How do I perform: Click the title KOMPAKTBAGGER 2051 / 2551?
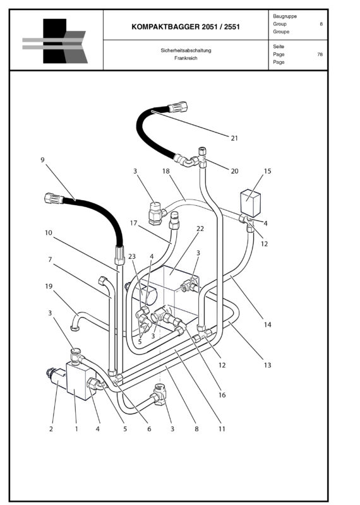pos(186,27)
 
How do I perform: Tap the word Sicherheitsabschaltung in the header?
pos(186,50)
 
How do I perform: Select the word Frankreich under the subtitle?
pos(186,58)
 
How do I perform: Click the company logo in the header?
pos(55,41)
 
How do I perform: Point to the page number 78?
pos(320,54)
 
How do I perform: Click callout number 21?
pos(234,138)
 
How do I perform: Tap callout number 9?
pos(42,160)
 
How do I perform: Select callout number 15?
pos(268,171)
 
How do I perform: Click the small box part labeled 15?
pos(250,203)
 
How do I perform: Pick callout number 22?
pos(200,229)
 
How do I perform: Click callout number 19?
pos(49,287)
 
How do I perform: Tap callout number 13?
pos(268,365)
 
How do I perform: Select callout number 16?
pos(222,395)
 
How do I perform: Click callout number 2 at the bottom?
pos(51,429)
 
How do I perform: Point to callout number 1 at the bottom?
pos(76,429)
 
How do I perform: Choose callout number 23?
pos(132,256)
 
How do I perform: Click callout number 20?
pos(234,171)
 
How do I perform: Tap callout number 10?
pos(49,232)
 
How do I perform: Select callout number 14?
pos(268,324)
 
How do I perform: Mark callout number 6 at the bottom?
pos(149,429)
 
